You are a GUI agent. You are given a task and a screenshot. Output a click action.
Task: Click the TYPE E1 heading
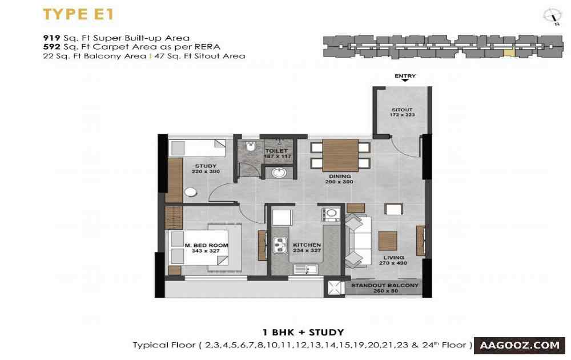point(78,14)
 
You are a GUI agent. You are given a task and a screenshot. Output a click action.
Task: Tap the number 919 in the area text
point(51,38)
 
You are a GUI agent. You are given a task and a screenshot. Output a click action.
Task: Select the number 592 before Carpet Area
point(51,47)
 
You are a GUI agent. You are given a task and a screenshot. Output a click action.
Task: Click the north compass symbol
point(552,17)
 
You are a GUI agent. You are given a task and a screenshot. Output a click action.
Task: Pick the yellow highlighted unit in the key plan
point(509,53)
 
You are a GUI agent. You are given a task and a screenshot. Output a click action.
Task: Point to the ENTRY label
point(405,76)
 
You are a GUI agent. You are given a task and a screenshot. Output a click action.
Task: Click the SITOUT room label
point(402,110)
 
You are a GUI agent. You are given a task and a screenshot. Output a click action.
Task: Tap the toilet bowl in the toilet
point(251,146)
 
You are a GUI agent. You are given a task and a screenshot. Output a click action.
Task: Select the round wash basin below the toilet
point(279,173)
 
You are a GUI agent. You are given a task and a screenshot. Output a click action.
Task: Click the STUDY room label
point(206,166)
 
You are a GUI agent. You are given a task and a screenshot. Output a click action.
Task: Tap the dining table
point(340,155)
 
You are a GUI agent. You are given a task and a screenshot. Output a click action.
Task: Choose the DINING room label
point(340,177)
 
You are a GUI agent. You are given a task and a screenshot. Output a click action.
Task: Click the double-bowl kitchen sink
point(280,245)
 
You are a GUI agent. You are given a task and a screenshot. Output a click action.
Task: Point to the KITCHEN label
point(307,245)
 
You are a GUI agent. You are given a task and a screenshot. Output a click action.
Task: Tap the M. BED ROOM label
point(206,245)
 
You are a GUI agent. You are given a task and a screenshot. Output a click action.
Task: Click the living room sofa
point(357,241)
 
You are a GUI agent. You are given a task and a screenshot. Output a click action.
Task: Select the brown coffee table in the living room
point(388,241)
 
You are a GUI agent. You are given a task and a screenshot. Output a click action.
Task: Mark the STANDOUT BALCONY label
point(385,285)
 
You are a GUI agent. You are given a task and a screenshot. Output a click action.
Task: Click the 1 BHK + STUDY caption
point(303,333)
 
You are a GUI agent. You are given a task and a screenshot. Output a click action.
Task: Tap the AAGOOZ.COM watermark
point(520,345)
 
